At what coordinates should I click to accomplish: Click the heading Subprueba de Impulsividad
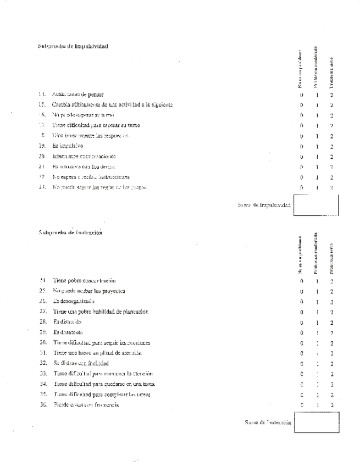[73, 46]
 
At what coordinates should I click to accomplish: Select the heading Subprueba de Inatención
[71, 232]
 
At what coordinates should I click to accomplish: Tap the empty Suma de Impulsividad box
[317, 205]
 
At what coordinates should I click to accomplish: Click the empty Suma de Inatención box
[317, 422]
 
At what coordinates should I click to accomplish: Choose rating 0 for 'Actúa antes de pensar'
[302, 95]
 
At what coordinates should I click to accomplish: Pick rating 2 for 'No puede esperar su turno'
[332, 115]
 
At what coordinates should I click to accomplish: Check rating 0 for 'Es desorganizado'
[302, 301]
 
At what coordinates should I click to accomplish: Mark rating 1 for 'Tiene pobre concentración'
[318, 281]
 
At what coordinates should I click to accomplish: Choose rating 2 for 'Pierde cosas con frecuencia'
[332, 405]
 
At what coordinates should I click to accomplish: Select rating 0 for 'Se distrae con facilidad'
[302, 363]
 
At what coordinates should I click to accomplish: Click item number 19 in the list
[42, 146]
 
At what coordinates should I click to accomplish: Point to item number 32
[43, 363]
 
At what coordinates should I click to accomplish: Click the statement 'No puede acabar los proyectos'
[89, 291]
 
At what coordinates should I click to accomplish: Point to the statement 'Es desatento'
[68, 332]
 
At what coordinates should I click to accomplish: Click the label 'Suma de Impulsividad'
[264, 205]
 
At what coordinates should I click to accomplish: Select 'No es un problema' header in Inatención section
[301, 256]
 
